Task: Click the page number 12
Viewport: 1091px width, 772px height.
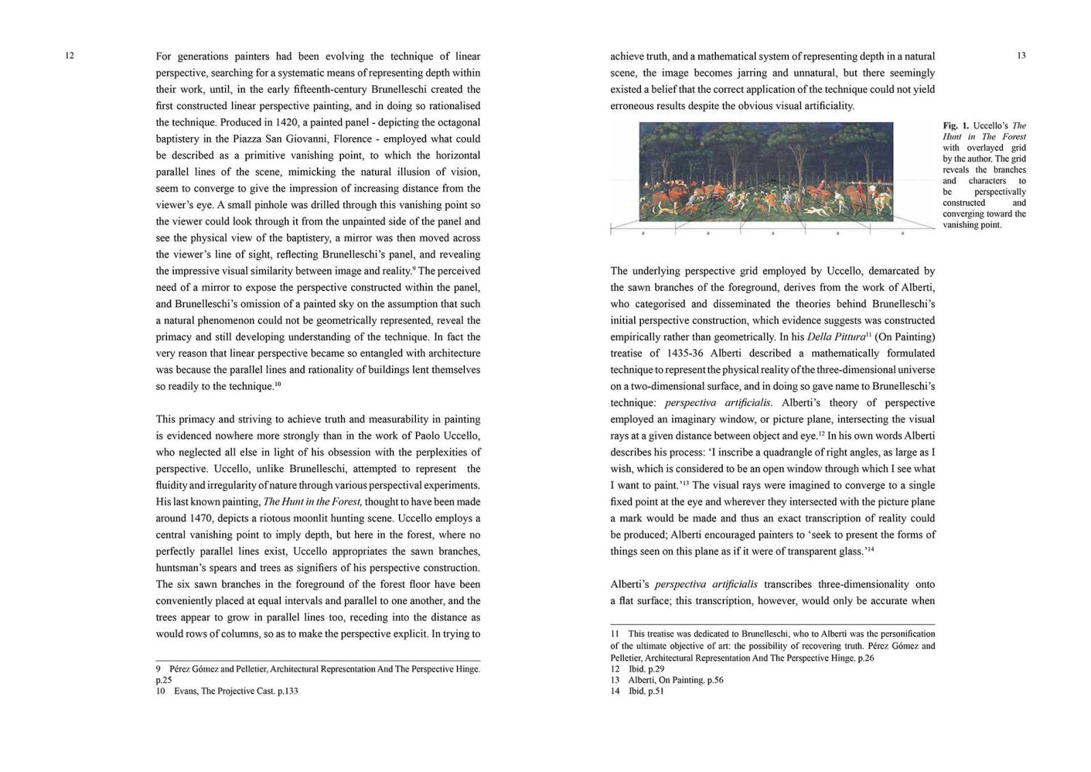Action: pyautogui.click(x=70, y=56)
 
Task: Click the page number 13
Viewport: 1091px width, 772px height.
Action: pyautogui.click(x=1021, y=56)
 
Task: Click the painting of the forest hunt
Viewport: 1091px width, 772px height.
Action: pyautogui.click(x=766, y=172)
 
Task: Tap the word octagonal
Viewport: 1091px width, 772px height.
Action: pyautogui.click(x=456, y=123)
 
